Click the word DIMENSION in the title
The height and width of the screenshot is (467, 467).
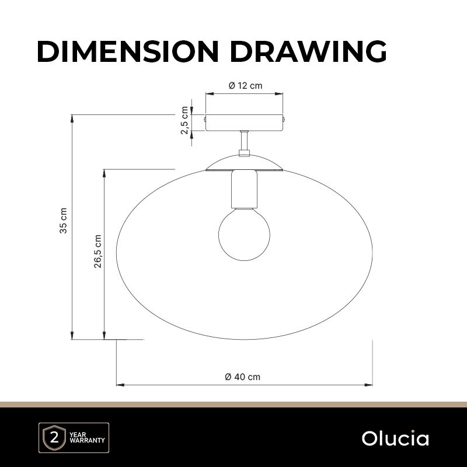pyautogui.click(x=128, y=51)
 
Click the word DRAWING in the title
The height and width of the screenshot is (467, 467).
pyautogui.click(x=308, y=51)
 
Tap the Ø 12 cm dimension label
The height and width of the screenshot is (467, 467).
pyautogui.click(x=245, y=86)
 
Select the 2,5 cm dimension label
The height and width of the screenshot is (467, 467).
pyautogui.click(x=184, y=120)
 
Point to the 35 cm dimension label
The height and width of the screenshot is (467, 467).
pyautogui.click(x=64, y=221)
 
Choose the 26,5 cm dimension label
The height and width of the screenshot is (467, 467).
pyautogui.click(x=98, y=252)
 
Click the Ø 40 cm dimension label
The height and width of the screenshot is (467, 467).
pyautogui.click(x=243, y=377)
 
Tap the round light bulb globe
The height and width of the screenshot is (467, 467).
pyautogui.click(x=244, y=235)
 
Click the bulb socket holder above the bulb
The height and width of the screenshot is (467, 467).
pyautogui.click(x=244, y=189)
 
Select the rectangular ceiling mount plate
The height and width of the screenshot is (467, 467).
pyautogui.click(x=244, y=123)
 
